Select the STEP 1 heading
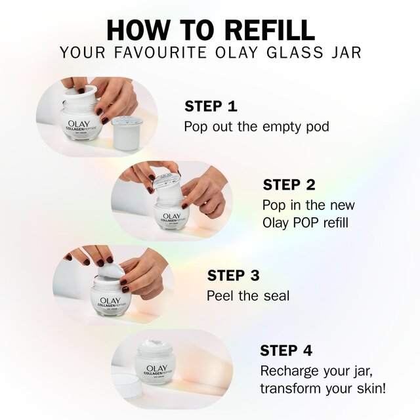(x=211, y=106)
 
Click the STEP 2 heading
(x=289, y=184)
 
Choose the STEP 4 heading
(x=286, y=350)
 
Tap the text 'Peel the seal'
(x=247, y=295)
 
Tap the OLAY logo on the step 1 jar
(x=79, y=121)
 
